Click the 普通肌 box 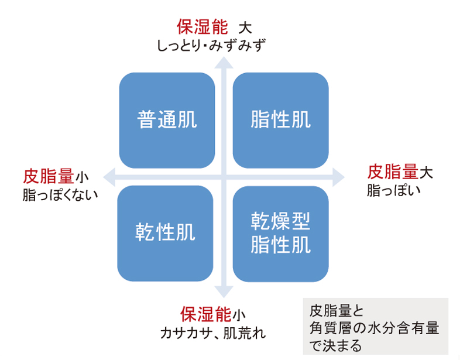click(x=167, y=121)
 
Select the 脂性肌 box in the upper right click(x=281, y=121)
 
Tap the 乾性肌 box click(x=165, y=234)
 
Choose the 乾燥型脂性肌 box click(x=281, y=234)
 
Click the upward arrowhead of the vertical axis click(x=224, y=63)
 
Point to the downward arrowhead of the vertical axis click(x=224, y=292)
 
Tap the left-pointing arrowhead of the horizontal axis click(x=109, y=177)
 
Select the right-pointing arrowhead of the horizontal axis click(x=338, y=177)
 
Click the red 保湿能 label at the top click(x=202, y=28)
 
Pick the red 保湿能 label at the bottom click(x=206, y=314)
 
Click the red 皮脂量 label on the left click(x=49, y=176)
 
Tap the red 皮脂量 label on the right click(x=393, y=172)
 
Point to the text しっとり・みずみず click(x=211, y=46)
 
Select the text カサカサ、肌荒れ click(x=213, y=333)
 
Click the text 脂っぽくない click(x=60, y=195)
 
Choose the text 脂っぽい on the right click(x=394, y=190)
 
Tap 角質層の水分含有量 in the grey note click(x=374, y=328)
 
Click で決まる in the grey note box click(x=335, y=345)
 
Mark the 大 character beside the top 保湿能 click(x=245, y=28)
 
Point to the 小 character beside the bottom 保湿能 click(x=239, y=316)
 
